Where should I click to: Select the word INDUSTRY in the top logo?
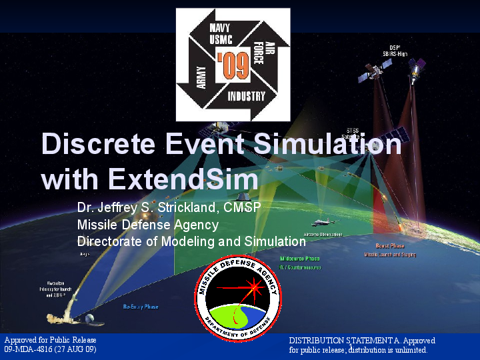[x=246, y=96]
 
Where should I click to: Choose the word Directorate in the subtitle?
[x=108, y=241]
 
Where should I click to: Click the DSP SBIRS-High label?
[x=394, y=49]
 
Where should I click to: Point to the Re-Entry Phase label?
[x=141, y=307]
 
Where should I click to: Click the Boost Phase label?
[x=389, y=247]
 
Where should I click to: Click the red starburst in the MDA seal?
[x=253, y=288]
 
